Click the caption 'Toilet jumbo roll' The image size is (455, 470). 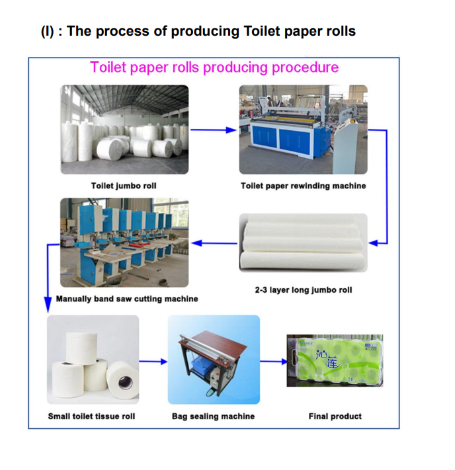point(124,186)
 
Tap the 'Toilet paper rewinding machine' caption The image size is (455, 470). point(303,186)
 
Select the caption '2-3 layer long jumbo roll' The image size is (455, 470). point(304,290)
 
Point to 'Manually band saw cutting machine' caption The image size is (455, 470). point(127,299)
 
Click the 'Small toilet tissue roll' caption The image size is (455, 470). point(91,416)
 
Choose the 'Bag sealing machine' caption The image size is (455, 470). point(213,416)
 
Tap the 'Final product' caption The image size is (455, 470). point(335,416)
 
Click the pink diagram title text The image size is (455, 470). point(214,67)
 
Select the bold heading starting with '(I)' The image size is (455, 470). point(198,31)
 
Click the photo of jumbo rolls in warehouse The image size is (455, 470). point(124,129)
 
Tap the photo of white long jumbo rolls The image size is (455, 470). point(303,242)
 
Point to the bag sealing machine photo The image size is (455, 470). point(214,360)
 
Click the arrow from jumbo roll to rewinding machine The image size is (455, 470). point(213,130)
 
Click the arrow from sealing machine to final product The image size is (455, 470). point(273,361)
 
